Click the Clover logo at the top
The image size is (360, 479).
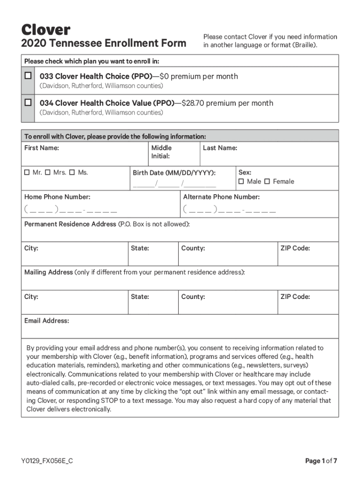click(x=45, y=30)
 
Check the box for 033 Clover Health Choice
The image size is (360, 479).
click(x=28, y=76)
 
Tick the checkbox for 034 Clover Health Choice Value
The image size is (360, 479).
click(x=28, y=102)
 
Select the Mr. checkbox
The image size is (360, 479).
click(x=27, y=173)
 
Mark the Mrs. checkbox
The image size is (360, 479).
click(x=49, y=173)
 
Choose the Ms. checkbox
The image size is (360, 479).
click(x=72, y=173)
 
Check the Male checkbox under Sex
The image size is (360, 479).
click(x=241, y=181)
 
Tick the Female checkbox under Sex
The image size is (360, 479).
click(x=267, y=181)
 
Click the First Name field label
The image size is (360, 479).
click(x=42, y=148)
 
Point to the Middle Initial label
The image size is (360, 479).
click(x=161, y=152)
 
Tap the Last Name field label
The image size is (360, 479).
click(x=220, y=148)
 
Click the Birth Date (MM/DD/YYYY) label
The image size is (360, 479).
click(x=174, y=173)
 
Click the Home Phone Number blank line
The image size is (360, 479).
click(x=71, y=209)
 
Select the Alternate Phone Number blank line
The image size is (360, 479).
click(x=230, y=209)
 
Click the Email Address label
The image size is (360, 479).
click(x=46, y=321)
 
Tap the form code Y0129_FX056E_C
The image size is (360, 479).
click(x=47, y=461)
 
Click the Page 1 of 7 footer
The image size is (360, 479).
click(x=321, y=461)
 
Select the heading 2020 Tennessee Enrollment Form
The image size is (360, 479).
click(x=103, y=44)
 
